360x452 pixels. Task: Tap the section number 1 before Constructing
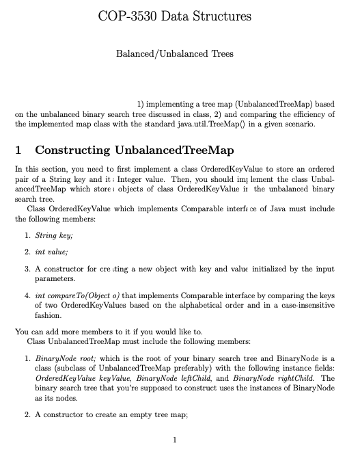coord(18,150)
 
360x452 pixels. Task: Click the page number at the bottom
coord(176,439)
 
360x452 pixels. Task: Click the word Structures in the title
coord(221,16)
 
